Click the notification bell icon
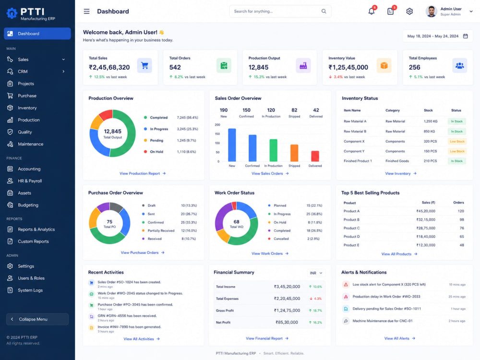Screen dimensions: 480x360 pyautogui.click(x=372, y=12)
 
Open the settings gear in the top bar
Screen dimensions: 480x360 pyautogui.click(x=409, y=12)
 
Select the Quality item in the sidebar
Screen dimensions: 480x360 pyautogui.click(x=25, y=132)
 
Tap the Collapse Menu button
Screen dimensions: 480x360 pyautogui.click(x=37, y=319)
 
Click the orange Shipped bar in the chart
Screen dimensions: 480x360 pyautogui.click(x=294, y=153)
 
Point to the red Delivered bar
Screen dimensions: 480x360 pyautogui.click(x=315, y=156)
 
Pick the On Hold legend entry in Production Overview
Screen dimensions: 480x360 pyautogui.click(x=156, y=152)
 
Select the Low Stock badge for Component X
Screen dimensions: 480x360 pyautogui.click(x=457, y=142)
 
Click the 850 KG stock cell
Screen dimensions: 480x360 pyautogui.click(x=429, y=132)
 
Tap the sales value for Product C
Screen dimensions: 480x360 pyautogui.click(x=425, y=228)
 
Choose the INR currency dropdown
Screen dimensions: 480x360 pyautogui.click(x=316, y=273)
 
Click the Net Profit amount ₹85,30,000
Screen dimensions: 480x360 pyautogui.click(x=287, y=323)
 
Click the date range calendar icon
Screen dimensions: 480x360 pyautogui.click(x=465, y=36)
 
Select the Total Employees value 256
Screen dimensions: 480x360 pyautogui.click(x=415, y=67)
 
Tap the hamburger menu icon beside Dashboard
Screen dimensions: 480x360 pyautogui.click(x=86, y=12)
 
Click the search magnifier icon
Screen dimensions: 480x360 pyautogui.click(x=324, y=12)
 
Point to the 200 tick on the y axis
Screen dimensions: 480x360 pyautogui.click(x=217, y=125)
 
